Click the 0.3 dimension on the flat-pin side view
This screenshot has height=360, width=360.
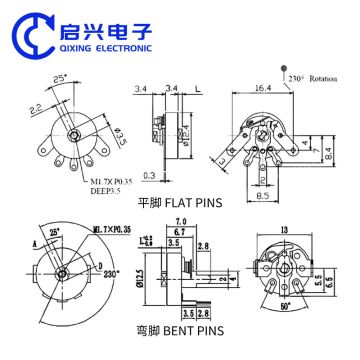pos(149,175)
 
